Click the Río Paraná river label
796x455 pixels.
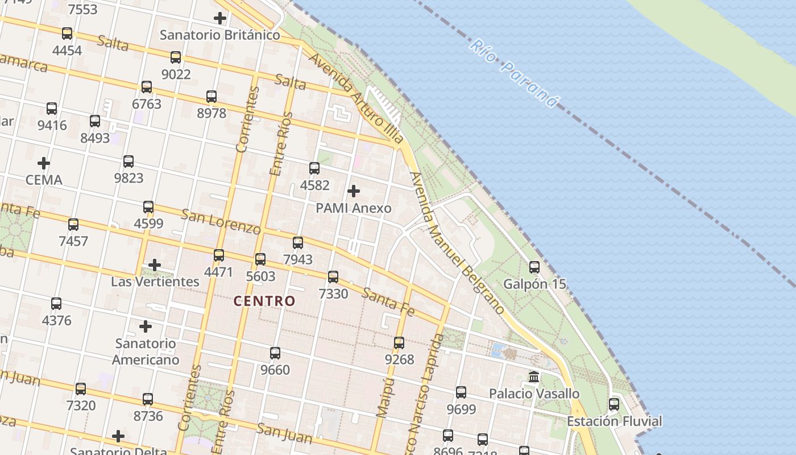coord(515,73)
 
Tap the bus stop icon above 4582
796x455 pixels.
coord(314,168)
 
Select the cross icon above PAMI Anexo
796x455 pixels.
coord(354,191)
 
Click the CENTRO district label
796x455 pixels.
coord(264,301)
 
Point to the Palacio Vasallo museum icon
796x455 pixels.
coord(534,377)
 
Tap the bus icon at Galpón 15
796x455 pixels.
coord(534,267)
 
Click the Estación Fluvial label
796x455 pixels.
coord(614,421)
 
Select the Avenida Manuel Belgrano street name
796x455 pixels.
coord(457,243)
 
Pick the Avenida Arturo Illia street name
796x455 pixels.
coord(356,98)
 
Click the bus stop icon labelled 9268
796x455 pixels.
coord(399,343)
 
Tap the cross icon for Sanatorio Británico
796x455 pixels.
coord(220,18)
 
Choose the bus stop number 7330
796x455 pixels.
coord(333,294)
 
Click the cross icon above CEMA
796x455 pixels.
coord(44,163)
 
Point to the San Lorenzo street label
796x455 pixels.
coord(221,221)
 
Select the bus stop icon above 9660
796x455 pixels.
coord(275,353)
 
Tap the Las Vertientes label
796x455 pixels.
coord(155,282)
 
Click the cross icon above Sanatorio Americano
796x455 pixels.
coord(146,326)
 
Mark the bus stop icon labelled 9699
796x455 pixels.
coord(461,392)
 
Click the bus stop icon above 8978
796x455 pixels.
coord(212,97)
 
